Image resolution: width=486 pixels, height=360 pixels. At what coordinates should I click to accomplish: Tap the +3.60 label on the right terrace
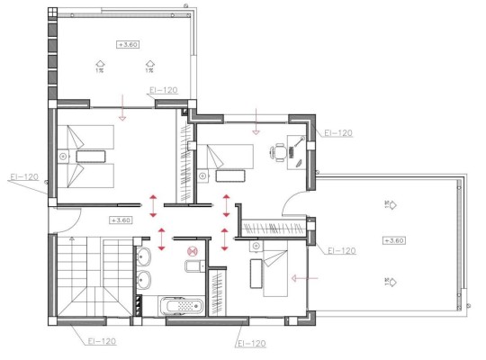click(x=393, y=240)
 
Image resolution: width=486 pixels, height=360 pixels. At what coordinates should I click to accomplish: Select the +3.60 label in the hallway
click(x=120, y=219)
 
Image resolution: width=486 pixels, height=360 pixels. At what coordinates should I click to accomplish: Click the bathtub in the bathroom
click(x=179, y=305)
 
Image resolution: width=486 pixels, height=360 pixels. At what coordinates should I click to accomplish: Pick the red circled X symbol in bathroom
click(x=191, y=253)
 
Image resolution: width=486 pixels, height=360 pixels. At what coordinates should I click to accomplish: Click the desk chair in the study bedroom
click(x=279, y=153)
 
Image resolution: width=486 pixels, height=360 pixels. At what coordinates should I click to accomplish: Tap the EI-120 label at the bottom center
click(x=251, y=343)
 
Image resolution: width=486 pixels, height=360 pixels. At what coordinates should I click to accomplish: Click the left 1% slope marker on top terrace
click(x=100, y=63)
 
